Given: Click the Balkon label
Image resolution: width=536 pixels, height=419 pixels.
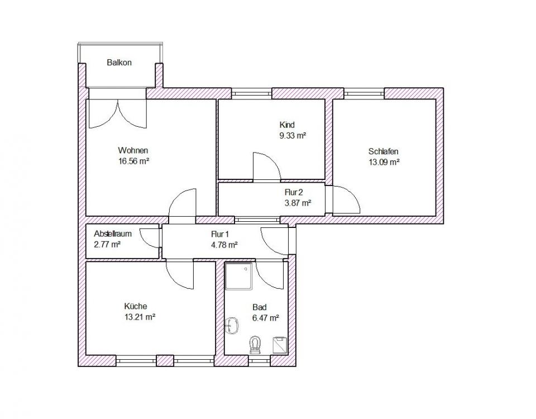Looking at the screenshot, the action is [x=119, y=63].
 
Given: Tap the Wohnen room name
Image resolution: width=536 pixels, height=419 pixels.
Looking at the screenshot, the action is [x=133, y=150].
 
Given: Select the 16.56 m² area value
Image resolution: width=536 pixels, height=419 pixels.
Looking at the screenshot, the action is [x=133, y=161].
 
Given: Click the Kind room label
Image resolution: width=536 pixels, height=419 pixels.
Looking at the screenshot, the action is [x=287, y=125].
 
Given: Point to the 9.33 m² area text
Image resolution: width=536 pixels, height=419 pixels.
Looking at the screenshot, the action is [x=293, y=135].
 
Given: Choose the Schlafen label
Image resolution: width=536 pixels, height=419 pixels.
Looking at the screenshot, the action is [x=384, y=151].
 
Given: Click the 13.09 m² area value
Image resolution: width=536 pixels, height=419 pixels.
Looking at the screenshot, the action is [x=384, y=162].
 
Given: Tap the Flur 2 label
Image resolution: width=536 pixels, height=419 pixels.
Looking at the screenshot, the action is [x=294, y=193].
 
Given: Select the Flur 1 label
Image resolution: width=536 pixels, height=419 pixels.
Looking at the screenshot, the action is [x=220, y=234].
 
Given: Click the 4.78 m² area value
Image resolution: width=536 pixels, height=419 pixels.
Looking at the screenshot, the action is [x=224, y=245].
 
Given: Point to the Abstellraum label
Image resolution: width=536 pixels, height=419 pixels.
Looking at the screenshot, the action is [x=113, y=234].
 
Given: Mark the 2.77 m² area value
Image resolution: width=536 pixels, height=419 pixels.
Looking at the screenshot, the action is [x=107, y=245].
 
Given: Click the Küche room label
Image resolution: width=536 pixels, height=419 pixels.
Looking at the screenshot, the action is [x=136, y=306].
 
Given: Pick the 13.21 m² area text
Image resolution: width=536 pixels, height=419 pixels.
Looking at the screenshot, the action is [x=140, y=317].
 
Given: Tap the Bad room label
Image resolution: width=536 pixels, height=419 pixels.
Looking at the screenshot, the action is [x=260, y=307].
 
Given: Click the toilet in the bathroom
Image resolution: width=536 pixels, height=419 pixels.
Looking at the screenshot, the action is [x=255, y=345].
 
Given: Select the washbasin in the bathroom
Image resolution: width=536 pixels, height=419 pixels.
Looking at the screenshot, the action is [x=232, y=325].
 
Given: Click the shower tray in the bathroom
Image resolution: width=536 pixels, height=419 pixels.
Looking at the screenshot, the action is [x=238, y=276].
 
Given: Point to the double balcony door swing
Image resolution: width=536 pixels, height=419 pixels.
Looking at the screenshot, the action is [x=118, y=114].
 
